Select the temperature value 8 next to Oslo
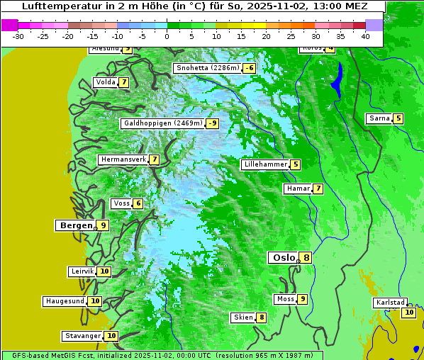tap(306, 258)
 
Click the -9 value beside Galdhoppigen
tap(213, 123)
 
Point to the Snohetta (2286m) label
tap(207, 68)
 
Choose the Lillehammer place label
tap(264, 164)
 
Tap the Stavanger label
tap(82, 336)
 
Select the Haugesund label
tap(65, 301)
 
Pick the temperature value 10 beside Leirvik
tap(104, 271)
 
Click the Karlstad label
tap(391, 303)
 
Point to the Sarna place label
tap(379, 118)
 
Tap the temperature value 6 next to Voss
tap(138, 204)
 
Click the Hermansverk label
tap(123, 159)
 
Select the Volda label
tap(105, 82)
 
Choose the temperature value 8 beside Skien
tap(262, 317)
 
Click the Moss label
tap(285, 299)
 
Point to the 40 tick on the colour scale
tap(365, 36)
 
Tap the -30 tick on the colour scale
tap(18, 36)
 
